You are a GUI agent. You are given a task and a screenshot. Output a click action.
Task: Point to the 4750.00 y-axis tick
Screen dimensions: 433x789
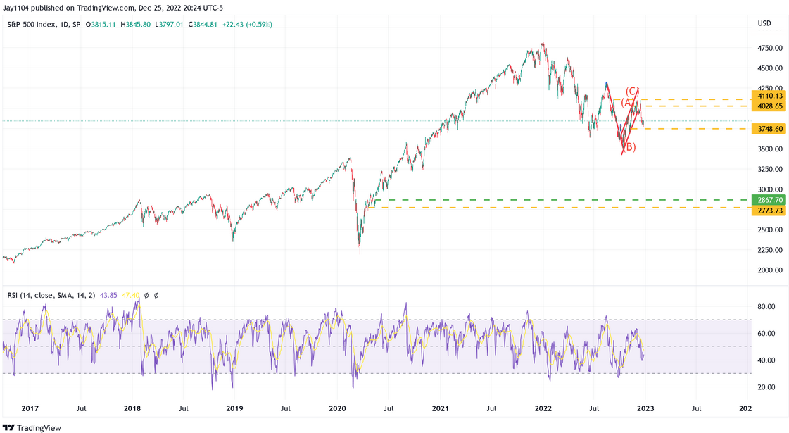[x=769, y=48]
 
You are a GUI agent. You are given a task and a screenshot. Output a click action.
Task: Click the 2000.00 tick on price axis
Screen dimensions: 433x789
[x=769, y=270]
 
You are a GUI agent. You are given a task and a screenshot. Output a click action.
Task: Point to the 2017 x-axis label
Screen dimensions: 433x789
[x=30, y=408]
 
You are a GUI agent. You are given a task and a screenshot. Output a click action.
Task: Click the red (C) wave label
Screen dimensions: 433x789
[x=632, y=91]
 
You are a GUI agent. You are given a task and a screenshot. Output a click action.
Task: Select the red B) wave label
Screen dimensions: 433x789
[x=630, y=147]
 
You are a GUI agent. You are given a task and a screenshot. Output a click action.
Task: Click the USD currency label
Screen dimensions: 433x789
[x=764, y=24]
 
